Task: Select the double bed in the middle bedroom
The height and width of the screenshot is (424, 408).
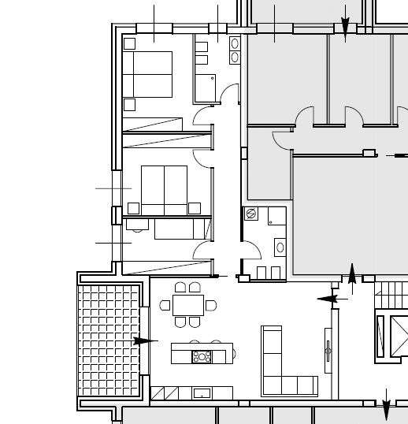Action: coord(164,189)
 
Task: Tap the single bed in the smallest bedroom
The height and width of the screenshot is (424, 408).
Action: coord(180,229)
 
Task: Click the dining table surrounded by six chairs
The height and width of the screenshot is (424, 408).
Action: coord(187,304)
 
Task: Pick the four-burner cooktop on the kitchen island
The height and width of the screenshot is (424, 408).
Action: coord(202,356)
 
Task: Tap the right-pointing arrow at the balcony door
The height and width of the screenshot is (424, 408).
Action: coord(144,340)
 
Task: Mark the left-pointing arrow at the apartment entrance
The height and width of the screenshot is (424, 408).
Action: coord(328,299)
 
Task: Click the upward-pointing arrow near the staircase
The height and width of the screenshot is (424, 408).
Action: coord(351,274)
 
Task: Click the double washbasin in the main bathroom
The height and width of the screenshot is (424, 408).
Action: coord(235,50)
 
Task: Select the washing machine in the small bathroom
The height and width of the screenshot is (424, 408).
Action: coord(252,214)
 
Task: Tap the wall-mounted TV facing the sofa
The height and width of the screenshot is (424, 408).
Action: coord(328,346)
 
